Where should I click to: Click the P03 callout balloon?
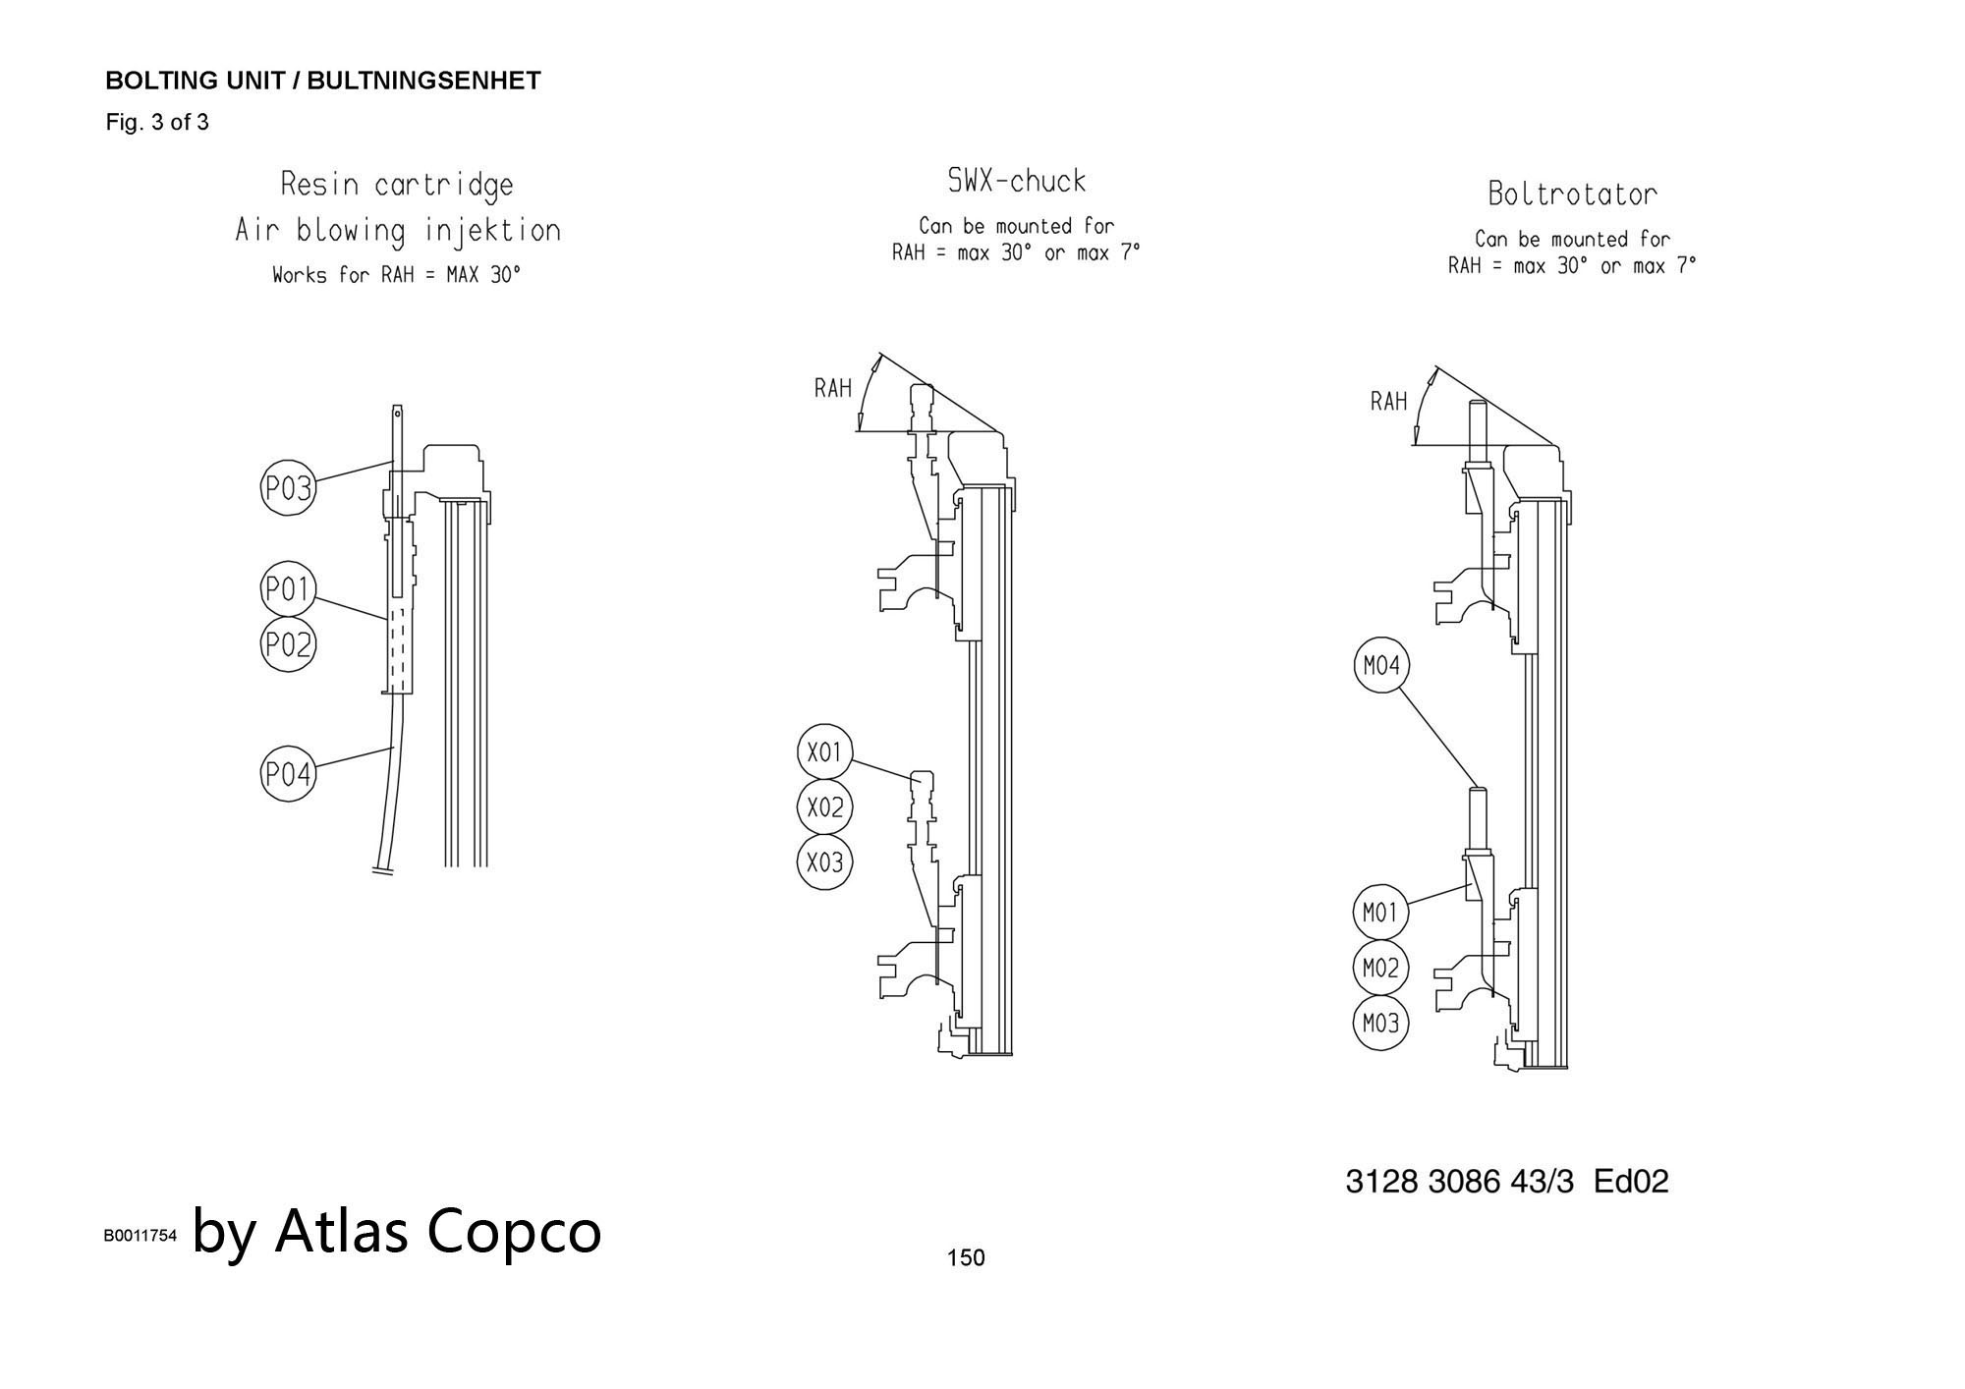(288, 488)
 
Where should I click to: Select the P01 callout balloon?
(288, 590)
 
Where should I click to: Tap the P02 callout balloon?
(288, 645)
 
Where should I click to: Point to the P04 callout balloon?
(288, 775)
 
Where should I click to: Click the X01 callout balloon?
(824, 752)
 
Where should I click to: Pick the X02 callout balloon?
(824, 807)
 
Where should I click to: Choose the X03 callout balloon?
(824, 861)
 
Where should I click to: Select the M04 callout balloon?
(1380, 666)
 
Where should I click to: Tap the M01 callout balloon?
(1380, 914)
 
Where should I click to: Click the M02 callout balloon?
(1380, 969)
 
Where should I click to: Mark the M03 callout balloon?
(1380, 1024)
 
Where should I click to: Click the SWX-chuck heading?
(1017, 181)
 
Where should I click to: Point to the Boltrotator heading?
(1572, 194)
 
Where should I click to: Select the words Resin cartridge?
(397, 185)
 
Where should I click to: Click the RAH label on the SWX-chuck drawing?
(833, 388)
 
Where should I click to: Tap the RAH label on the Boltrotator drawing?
(1389, 401)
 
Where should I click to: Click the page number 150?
(966, 1257)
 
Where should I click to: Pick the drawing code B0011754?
(140, 1236)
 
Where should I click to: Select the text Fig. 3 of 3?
(157, 123)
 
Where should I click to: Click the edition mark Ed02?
(1631, 1181)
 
